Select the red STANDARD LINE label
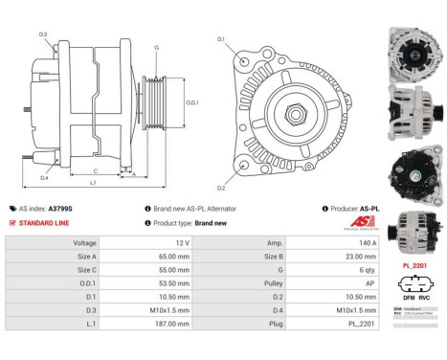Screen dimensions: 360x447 (x=47, y=222)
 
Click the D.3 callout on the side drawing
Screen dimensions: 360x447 (x=44, y=35)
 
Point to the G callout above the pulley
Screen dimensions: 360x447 (x=156, y=46)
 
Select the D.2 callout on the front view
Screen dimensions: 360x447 (x=221, y=187)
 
